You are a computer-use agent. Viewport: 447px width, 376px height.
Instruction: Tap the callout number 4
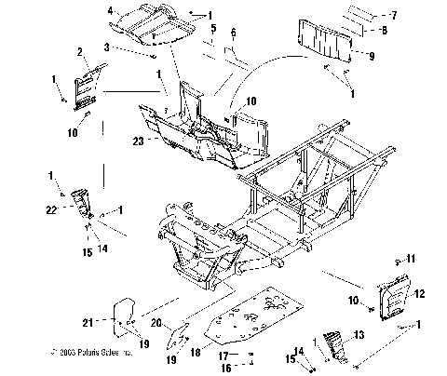pyautogui.click(x=112, y=11)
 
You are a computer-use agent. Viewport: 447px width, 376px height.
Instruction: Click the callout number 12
pyautogui.click(x=418, y=294)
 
